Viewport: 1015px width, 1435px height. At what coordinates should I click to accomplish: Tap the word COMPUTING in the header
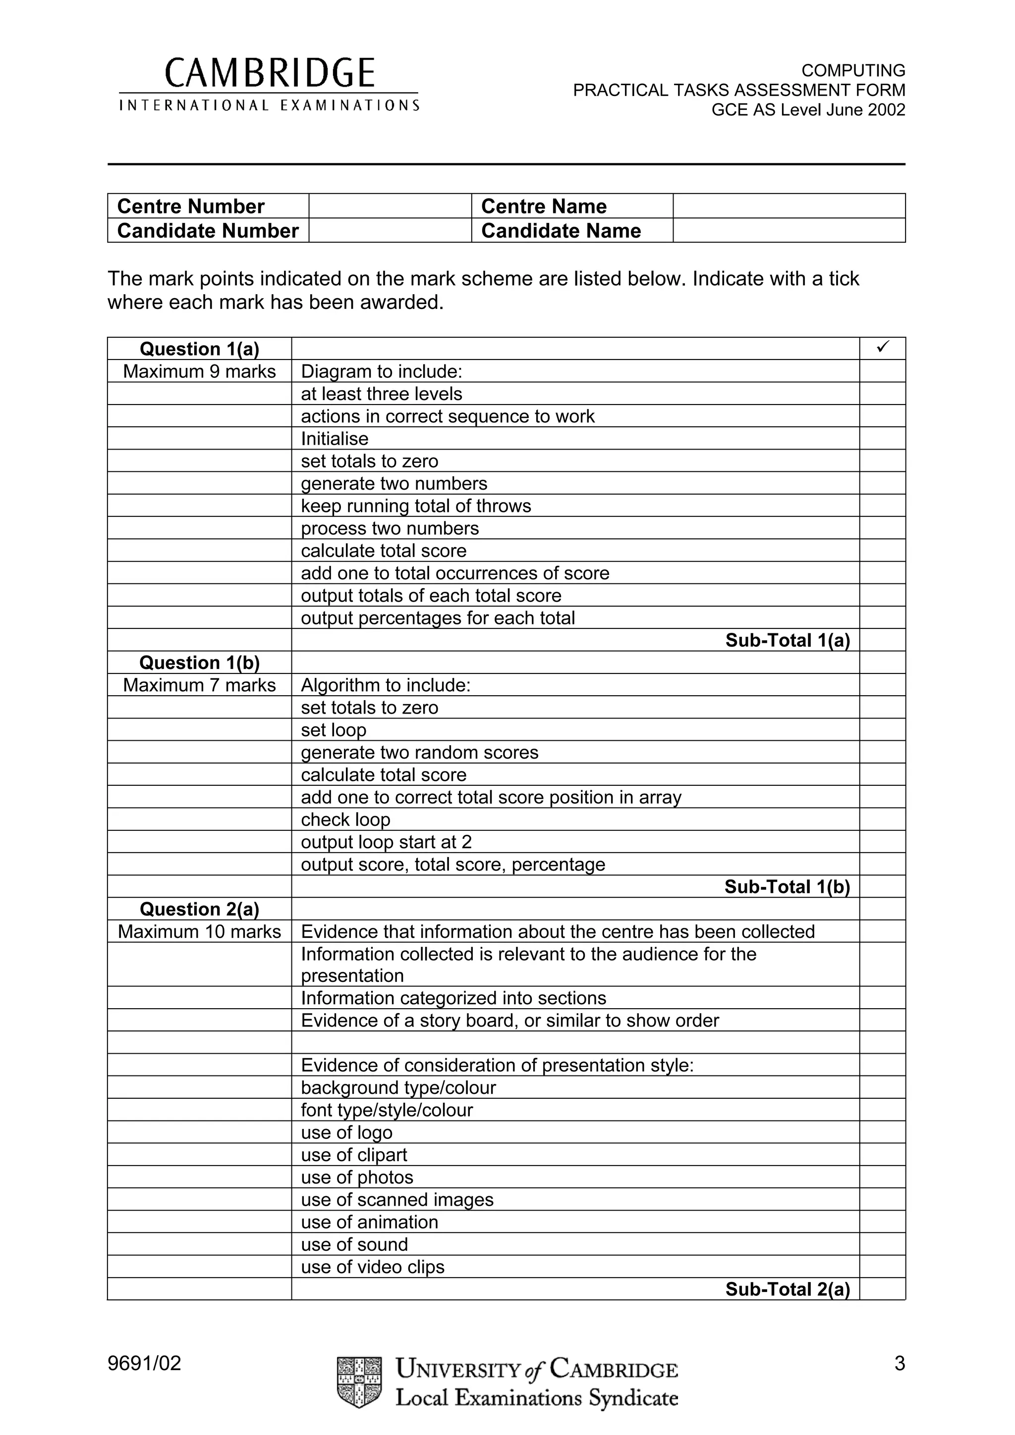[853, 70]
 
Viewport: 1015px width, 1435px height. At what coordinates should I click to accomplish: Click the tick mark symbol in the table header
[882, 348]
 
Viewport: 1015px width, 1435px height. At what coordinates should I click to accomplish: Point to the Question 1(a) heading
[199, 349]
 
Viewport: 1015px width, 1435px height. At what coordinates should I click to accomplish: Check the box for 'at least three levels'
[882, 394]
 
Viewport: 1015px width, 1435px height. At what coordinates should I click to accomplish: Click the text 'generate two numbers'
[394, 483]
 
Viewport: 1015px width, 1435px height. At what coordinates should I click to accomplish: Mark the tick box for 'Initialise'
[882, 439]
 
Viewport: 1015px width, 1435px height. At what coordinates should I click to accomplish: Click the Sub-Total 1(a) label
[787, 640]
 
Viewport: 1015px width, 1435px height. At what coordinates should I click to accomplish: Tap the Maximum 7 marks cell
[199, 685]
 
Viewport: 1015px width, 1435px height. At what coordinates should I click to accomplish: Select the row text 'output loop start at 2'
[386, 842]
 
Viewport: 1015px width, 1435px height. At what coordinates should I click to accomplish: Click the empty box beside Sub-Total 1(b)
[882, 887]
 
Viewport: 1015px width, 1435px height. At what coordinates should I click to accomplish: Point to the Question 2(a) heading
[199, 909]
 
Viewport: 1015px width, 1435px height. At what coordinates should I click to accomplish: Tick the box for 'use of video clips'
[882, 1267]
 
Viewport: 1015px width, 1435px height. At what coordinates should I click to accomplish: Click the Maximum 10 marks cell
[199, 931]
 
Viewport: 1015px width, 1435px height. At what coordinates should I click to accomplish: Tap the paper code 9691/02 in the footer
[144, 1363]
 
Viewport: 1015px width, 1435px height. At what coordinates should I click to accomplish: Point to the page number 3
[900, 1363]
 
